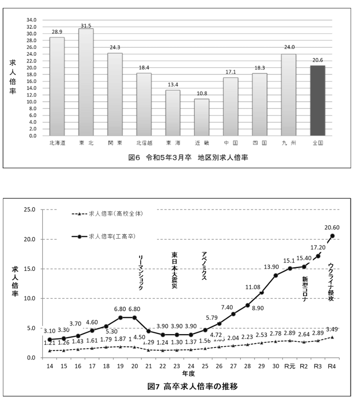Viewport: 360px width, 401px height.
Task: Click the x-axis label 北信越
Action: tap(144, 143)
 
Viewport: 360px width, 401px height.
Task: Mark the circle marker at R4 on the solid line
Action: tap(332, 236)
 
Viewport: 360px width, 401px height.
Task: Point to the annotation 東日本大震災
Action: tap(174, 270)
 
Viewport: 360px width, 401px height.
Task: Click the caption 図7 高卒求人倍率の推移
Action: tap(193, 387)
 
